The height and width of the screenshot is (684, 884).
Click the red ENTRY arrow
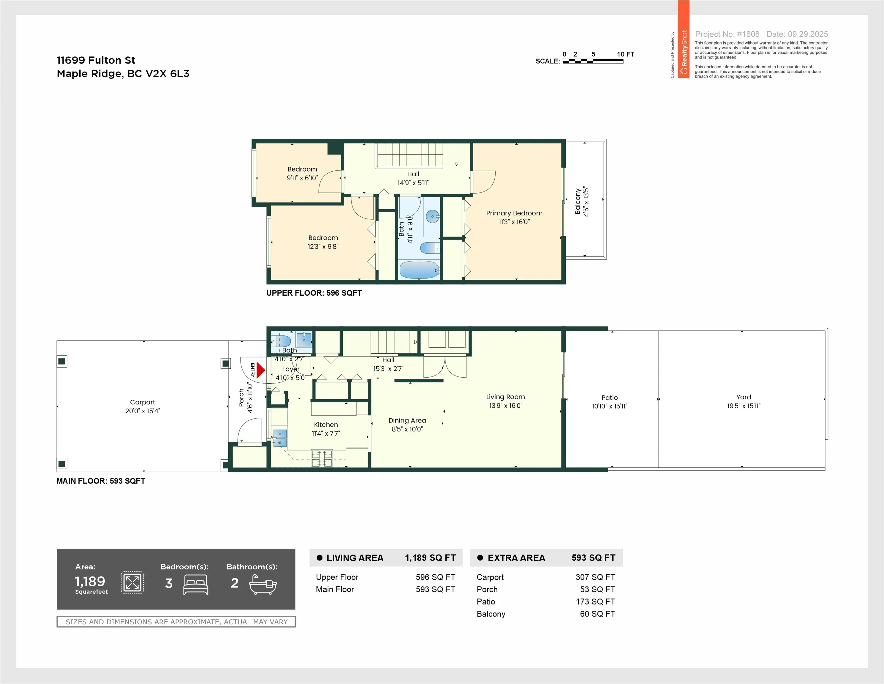[x=261, y=370]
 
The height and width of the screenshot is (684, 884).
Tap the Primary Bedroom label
[x=514, y=213]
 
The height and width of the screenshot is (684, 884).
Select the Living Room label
[x=506, y=397]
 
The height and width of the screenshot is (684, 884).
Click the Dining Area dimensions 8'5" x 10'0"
[x=407, y=429]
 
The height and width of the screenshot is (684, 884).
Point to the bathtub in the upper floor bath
[x=419, y=270]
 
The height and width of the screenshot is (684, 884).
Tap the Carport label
[x=143, y=402]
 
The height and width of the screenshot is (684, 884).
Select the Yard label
[x=744, y=397]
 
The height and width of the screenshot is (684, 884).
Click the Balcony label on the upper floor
[x=578, y=201]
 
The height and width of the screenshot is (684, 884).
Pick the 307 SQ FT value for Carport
[x=595, y=577]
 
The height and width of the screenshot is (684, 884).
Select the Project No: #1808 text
[x=727, y=34]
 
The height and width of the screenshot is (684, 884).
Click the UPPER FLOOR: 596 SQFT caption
[x=314, y=293]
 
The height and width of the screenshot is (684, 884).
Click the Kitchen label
[x=326, y=425]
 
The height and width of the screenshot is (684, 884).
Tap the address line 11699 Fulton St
[x=96, y=60]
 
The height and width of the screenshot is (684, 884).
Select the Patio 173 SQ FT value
[x=595, y=601]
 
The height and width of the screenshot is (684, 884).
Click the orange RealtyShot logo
[x=684, y=39]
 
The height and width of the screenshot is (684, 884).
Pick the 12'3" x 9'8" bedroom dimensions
[x=323, y=246]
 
